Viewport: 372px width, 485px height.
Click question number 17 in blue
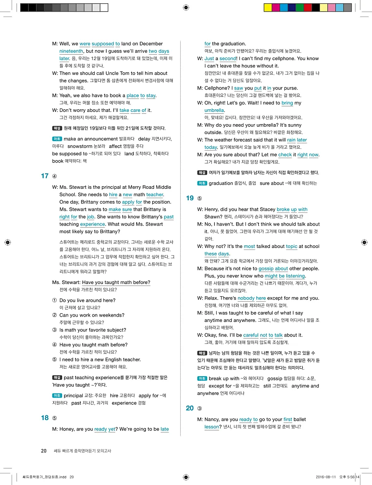click(x=45, y=176)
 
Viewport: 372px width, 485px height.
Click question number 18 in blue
click(x=45, y=418)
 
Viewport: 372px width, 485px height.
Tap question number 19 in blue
click(x=190, y=198)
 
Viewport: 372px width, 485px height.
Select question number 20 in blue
click(x=190, y=408)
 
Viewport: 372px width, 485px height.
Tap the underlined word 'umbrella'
click(x=214, y=110)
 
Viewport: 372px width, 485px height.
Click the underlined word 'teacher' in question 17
click(x=155, y=194)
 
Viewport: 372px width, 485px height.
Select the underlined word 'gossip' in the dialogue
click(x=266, y=269)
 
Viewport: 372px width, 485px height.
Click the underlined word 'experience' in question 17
click(x=93, y=224)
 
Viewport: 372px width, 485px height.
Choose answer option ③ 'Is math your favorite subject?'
click(x=93, y=330)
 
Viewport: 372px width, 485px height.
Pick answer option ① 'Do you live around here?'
click(x=87, y=300)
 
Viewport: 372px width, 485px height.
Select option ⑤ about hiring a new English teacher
click(x=100, y=360)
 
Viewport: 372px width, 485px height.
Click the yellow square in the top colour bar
click(x=267, y=7)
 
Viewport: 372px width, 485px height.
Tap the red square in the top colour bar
click(x=307, y=7)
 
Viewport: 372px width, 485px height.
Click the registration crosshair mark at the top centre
click(x=186, y=7)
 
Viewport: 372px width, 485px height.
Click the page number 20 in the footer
click(x=44, y=451)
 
